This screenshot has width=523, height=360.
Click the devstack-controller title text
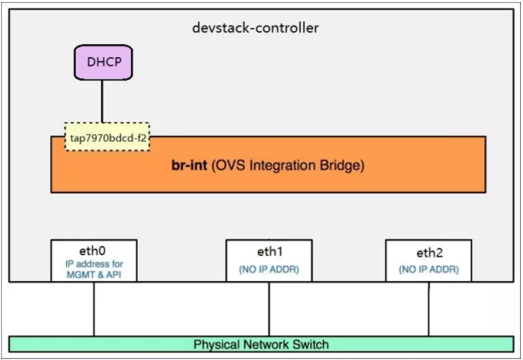pos(255,28)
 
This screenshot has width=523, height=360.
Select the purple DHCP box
pos(103,63)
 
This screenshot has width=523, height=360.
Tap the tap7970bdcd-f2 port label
pos(107,137)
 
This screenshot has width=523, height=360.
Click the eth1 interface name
pos(269,252)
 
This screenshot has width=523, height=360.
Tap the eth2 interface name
pos(428,253)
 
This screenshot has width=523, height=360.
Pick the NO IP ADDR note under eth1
pos(269,269)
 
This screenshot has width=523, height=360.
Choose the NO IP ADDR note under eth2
pos(428,269)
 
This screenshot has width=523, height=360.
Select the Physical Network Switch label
pos(261,344)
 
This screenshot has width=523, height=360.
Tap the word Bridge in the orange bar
pos(345,167)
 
